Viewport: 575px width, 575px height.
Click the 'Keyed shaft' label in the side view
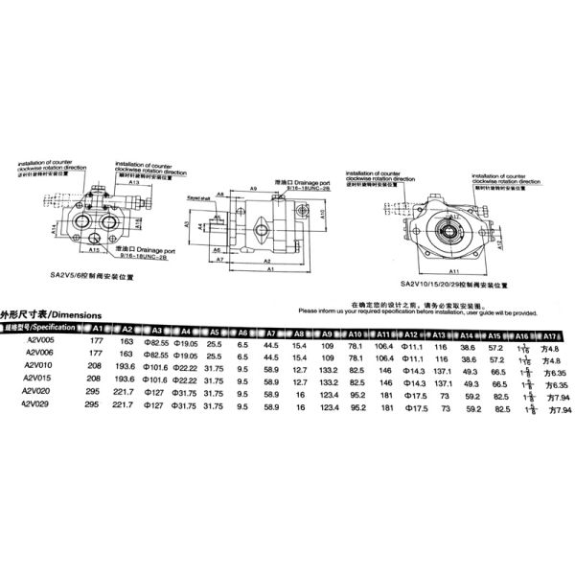point(198,195)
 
